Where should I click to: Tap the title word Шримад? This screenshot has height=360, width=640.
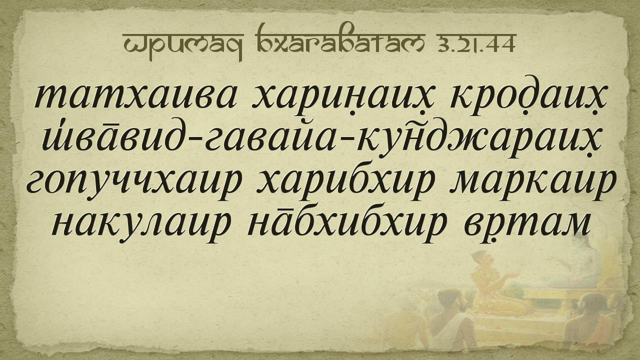(183, 45)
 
